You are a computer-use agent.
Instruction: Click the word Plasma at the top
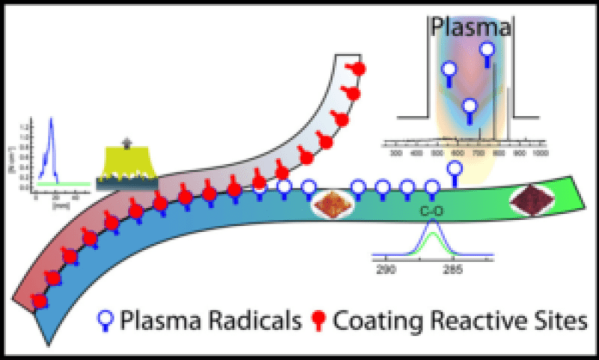click(469, 29)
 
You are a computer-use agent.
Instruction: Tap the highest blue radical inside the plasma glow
click(487, 51)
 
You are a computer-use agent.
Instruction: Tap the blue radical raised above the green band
click(454, 169)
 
